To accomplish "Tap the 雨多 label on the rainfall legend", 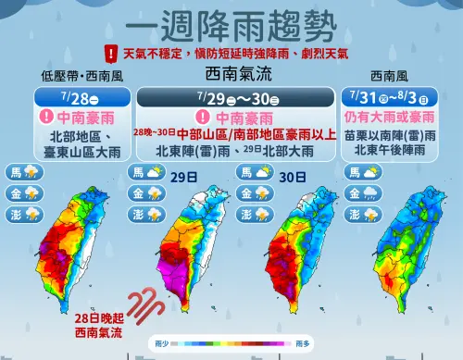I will click(303, 343).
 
